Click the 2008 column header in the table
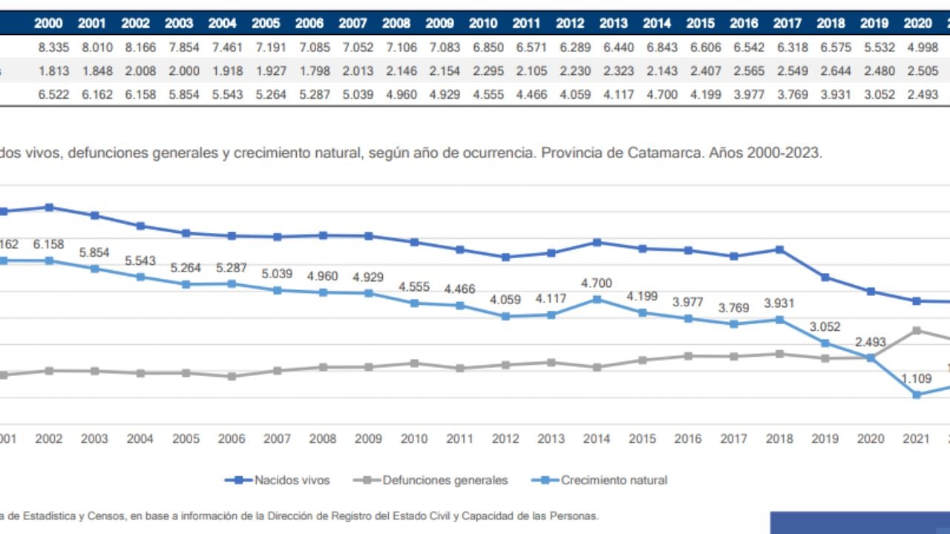[396, 24]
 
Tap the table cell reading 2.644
[831, 71]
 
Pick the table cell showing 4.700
[657, 95]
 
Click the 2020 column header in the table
[917, 24]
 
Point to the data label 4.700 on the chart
[597, 283]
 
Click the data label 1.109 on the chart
[917, 379]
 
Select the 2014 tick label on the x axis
[597, 439]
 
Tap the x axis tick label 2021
[917, 439]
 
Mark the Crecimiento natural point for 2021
[917, 395]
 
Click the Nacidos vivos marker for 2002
[49, 207]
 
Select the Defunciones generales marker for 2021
[917, 330]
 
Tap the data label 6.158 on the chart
[49, 244]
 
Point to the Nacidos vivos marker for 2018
[779, 249]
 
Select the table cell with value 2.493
[917, 95]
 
